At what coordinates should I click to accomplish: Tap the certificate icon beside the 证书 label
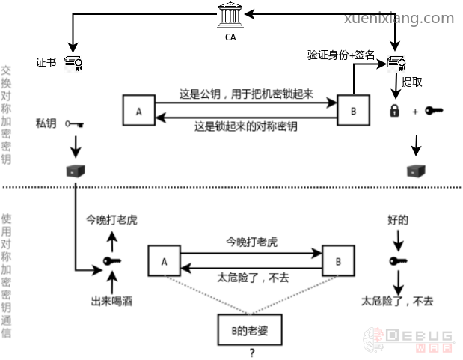point(73,63)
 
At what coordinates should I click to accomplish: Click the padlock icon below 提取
point(393,111)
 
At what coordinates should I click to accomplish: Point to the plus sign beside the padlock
point(414,112)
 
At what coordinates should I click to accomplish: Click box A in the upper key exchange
point(138,111)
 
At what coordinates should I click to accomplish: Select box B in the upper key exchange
point(352,111)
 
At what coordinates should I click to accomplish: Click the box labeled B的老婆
point(251,329)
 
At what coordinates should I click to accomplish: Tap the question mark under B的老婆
point(252,353)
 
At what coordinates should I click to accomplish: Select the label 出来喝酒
point(112,302)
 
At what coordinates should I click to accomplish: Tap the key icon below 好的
point(397,261)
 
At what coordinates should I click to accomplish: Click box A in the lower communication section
point(164,262)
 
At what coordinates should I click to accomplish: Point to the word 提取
point(413,81)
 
